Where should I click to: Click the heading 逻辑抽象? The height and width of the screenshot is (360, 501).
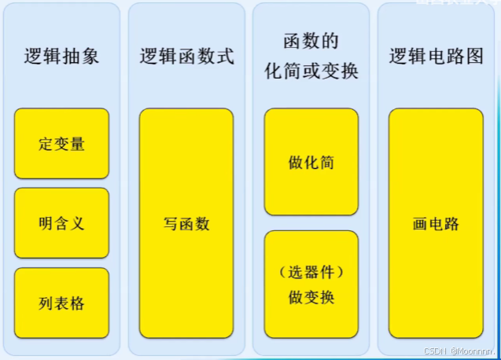pos(61,57)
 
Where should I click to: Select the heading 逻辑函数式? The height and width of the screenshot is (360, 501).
pos(186,57)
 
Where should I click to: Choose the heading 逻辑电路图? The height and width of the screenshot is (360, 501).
pos(436,57)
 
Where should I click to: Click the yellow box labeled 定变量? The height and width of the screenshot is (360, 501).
pos(61,144)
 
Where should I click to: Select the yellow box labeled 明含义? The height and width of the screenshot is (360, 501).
pos(61,223)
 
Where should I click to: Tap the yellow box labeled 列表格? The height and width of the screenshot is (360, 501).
pos(61,303)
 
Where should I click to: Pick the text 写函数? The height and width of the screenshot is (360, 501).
pos(186,224)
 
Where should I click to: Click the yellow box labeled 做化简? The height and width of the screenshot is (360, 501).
pos(311,162)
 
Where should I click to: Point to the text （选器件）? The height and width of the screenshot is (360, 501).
pos(311,273)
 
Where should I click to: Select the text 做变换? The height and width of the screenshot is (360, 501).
pos(311,298)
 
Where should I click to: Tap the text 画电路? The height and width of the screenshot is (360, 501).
pos(436,224)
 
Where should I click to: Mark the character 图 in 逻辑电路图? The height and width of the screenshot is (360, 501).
pos(474,57)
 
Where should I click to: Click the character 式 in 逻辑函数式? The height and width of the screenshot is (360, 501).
pos(225,57)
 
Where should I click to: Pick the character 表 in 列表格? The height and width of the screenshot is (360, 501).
pos(61,303)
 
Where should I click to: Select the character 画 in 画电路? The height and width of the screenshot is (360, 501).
pos(420,224)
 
